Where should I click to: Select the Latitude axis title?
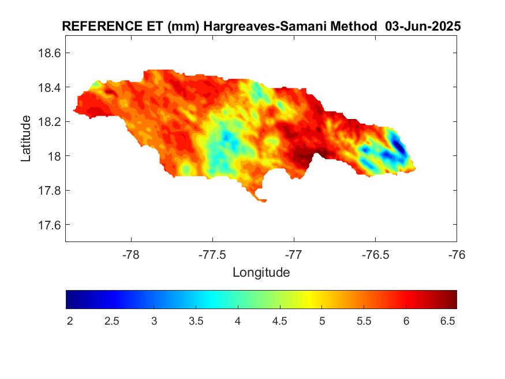tap(26, 138)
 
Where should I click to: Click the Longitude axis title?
tap(261, 272)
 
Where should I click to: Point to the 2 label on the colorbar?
tap(69, 321)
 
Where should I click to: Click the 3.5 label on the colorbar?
tap(196, 321)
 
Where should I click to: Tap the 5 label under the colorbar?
tap(322, 321)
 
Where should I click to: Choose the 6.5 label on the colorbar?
tap(448, 321)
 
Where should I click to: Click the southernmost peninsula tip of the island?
tap(263, 200)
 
